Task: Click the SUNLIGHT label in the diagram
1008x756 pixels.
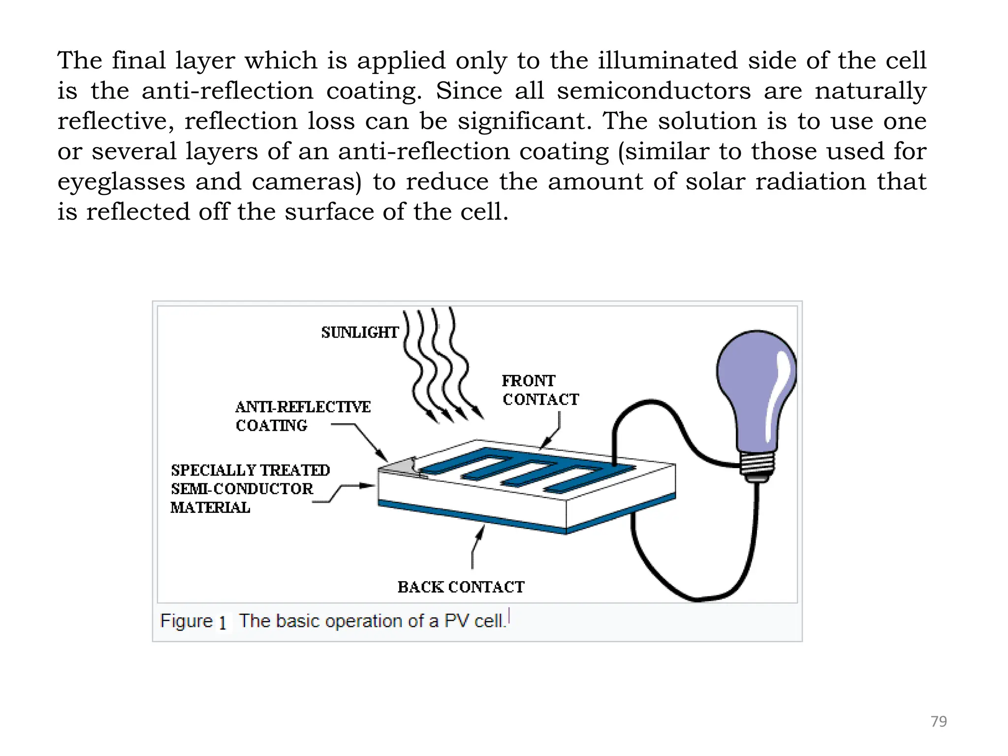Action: (360, 333)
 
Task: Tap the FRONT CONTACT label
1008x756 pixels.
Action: (540, 390)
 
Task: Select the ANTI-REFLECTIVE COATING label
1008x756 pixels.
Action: (302, 416)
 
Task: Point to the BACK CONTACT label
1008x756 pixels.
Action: (461, 587)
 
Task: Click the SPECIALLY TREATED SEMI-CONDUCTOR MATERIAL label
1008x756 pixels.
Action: (250, 488)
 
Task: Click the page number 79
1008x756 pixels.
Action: (939, 721)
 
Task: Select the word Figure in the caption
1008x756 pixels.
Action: (186, 621)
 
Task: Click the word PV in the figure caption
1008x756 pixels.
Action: (456, 621)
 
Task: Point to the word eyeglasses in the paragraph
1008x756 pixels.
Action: (121, 182)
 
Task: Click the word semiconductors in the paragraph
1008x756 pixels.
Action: (654, 91)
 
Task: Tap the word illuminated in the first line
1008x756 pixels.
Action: (668, 61)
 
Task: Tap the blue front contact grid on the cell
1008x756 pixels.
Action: (527, 470)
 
